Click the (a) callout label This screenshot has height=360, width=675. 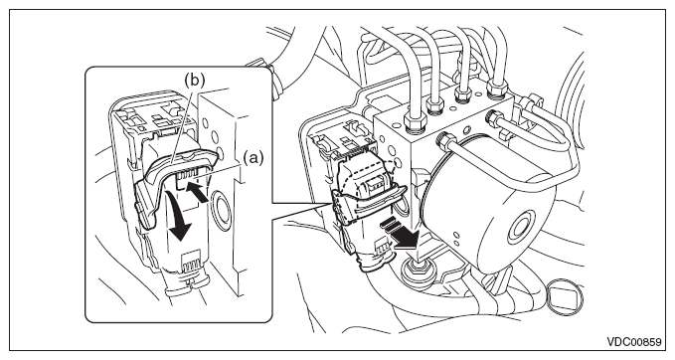(253, 158)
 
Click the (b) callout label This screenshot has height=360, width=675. (194, 80)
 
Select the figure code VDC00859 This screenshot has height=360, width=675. (633, 342)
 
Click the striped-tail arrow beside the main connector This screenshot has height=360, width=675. (399, 234)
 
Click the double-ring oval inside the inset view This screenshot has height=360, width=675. (223, 211)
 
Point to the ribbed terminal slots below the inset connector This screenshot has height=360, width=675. (193, 262)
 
